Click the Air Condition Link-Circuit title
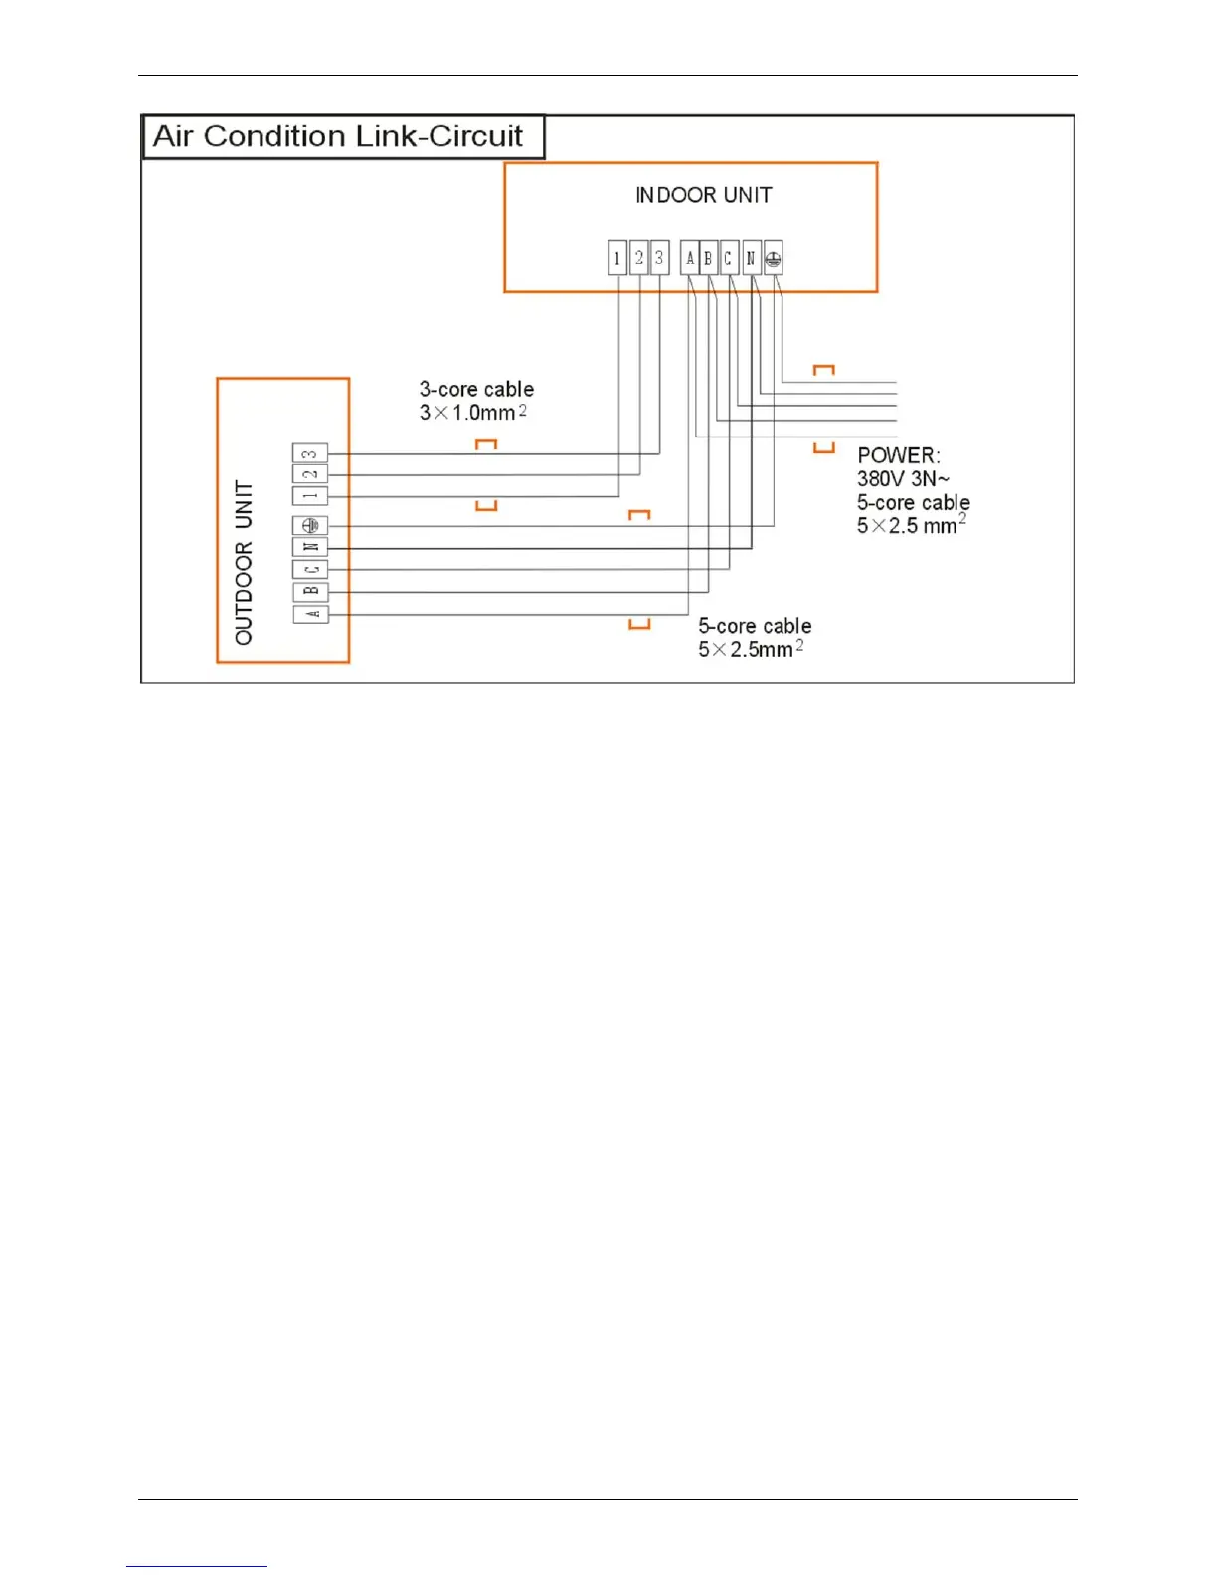point(338,136)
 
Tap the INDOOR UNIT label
point(703,195)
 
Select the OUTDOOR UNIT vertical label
point(244,563)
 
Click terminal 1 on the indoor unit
point(617,259)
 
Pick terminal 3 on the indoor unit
point(659,259)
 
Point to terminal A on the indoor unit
point(690,259)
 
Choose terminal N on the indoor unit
point(751,259)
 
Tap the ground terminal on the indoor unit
point(774,259)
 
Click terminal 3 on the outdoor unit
point(310,453)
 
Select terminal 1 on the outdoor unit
point(310,495)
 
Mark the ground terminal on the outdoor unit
point(310,525)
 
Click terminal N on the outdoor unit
point(310,547)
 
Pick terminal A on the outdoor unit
point(310,614)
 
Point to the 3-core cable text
point(476,389)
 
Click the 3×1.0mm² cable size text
point(472,412)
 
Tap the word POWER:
point(899,456)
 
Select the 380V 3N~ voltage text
point(903,479)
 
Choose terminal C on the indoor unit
point(729,259)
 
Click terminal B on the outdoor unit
point(310,592)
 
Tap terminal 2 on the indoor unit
point(638,259)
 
